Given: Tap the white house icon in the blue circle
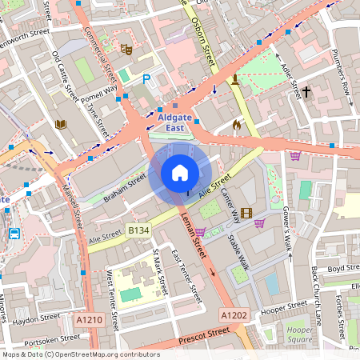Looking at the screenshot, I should click(x=180, y=173).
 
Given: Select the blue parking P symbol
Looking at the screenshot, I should click(x=146, y=79).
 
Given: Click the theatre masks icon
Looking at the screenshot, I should click(x=125, y=49).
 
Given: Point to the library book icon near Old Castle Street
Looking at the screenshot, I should click(x=60, y=124).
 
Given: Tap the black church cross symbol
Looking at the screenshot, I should click(x=306, y=93).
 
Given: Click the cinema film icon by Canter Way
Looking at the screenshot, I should click(x=246, y=213).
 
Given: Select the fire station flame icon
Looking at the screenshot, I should click(x=236, y=125).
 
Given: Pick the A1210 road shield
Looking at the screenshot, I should click(x=90, y=318).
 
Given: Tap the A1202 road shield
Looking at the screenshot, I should click(x=234, y=315).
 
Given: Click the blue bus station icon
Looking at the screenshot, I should click(x=14, y=234).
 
